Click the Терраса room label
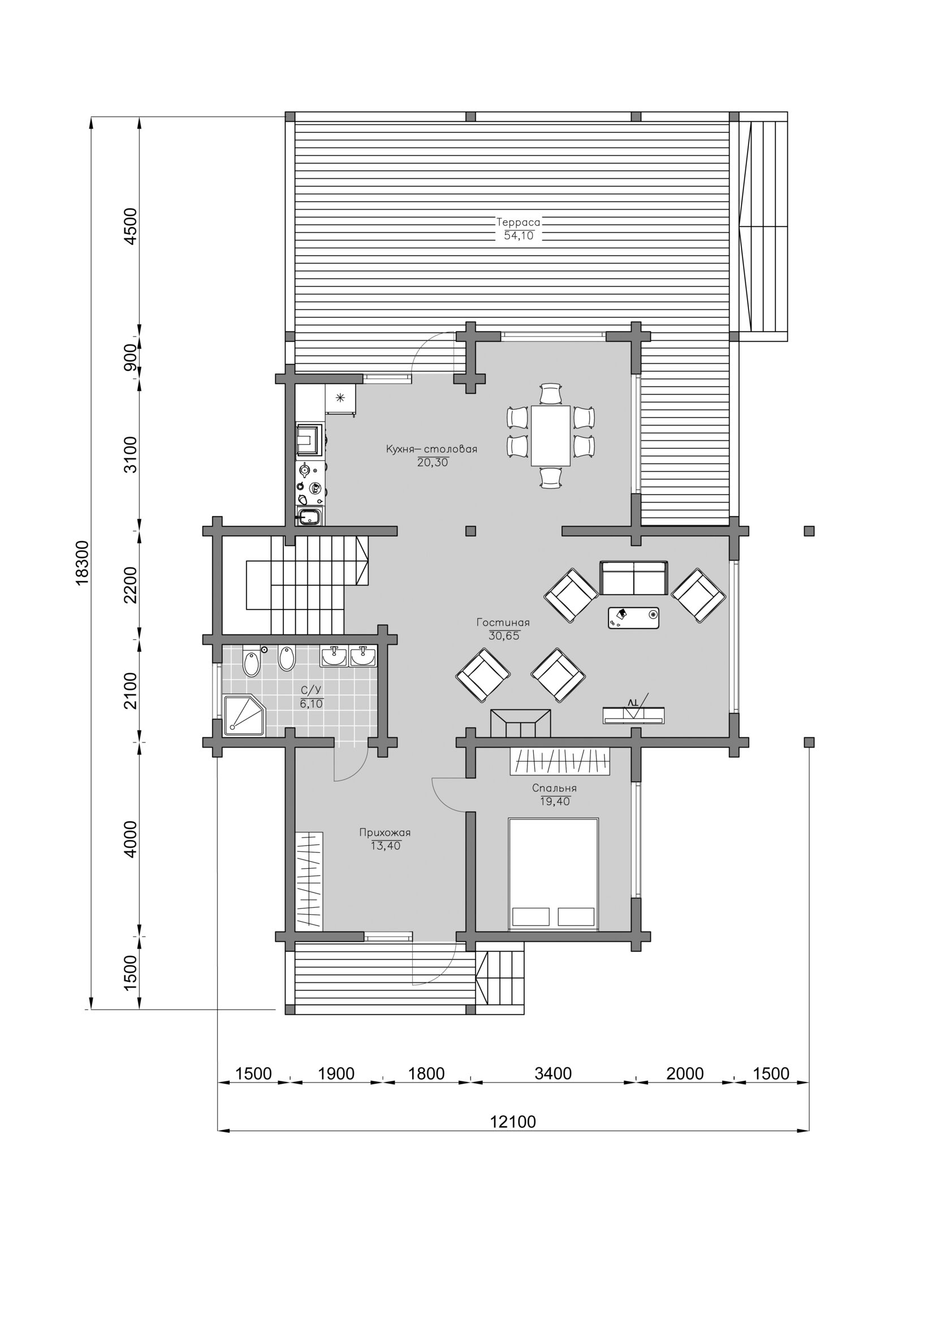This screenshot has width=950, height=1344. pyautogui.click(x=519, y=222)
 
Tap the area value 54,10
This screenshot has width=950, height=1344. pyautogui.click(x=519, y=236)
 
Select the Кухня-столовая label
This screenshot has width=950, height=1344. pyautogui.click(x=431, y=449)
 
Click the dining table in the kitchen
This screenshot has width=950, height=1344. pyautogui.click(x=550, y=435)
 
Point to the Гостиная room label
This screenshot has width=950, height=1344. pyautogui.click(x=503, y=622)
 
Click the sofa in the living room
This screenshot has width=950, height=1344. pyautogui.click(x=633, y=578)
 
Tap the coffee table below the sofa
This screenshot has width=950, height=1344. pyautogui.click(x=633, y=618)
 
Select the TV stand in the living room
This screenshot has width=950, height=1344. pyautogui.click(x=633, y=715)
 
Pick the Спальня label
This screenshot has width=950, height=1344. pyautogui.click(x=555, y=788)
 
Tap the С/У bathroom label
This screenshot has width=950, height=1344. pyautogui.click(x=311, y=690)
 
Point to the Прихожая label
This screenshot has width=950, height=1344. pyautogui.click(x=385, y=832)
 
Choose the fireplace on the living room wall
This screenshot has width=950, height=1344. pyautogui.click(x=521, y=724)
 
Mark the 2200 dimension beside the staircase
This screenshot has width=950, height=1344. pyautogui.click(x=131, y=585)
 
